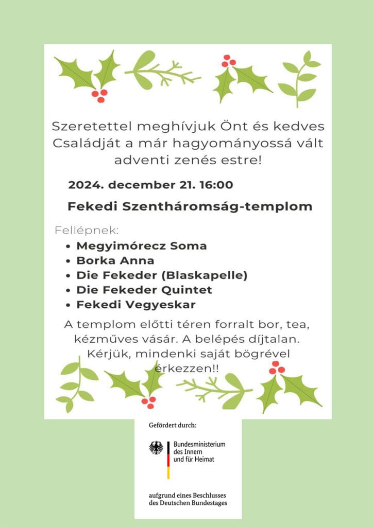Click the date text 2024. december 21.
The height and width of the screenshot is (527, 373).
pyautogui.click(x=131, y=185)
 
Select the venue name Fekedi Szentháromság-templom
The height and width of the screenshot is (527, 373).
pyautogui.click(x=190, y=207)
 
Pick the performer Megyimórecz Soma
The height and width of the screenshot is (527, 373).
pyautogui.click(x=141, y=246)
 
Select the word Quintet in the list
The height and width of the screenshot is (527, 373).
pyautogui.click(x=187, y=290)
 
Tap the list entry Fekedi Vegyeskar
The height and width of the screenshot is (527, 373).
pyautogui.click(x=135, y=305)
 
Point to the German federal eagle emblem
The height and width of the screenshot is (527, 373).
pyautogui.click(x=156, y=447)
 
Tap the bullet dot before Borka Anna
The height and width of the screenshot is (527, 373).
pyautogui.click(x=69, y=261)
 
